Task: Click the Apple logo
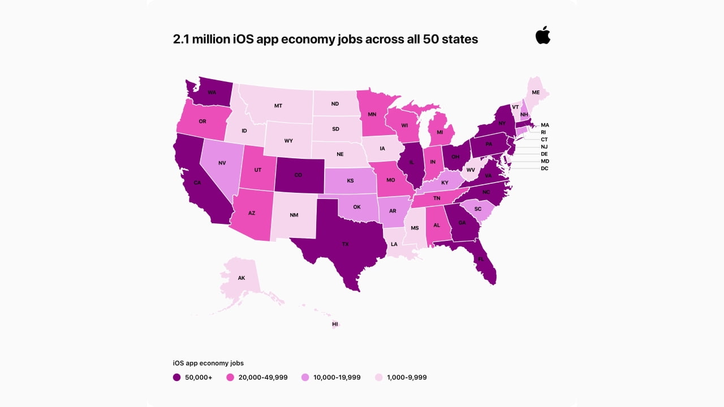point(543,35)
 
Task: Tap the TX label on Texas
point(345,245)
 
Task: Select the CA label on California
point(197,183)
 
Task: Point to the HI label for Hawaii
point(335,324)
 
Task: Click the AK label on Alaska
point(242,278)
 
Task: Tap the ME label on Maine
point(536,92)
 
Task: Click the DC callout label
point(544,168)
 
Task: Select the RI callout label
point(544,132)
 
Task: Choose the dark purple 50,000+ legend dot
point(177,377)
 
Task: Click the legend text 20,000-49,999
point(262,377)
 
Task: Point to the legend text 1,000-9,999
point(407,377)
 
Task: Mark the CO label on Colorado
point(298,175)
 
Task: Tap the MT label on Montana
point(278,106)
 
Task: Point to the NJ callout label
point(544,146)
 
